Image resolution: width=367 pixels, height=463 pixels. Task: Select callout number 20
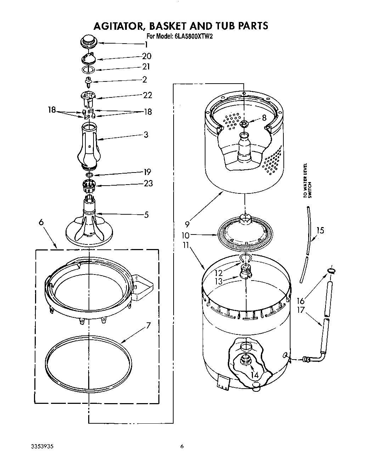click(x=146, y=56)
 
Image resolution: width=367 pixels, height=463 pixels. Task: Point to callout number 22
click(x=147, y=95)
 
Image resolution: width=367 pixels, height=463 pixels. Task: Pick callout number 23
click(x=148, y=183)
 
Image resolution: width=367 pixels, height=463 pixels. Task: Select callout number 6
click(x=41, y=222)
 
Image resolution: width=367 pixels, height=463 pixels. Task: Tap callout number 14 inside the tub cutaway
click(x=253, y=374)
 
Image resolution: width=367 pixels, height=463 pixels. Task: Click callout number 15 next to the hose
click(x=320, y=231)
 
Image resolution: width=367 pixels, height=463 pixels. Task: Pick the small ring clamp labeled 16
click(x=331, y=271)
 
